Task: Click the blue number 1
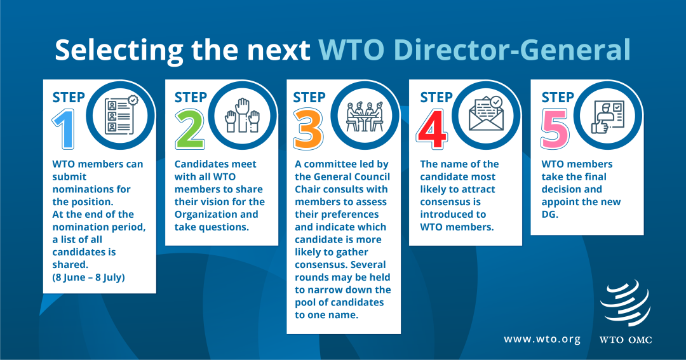[x=64, y=130]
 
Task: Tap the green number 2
[x=190, y=130]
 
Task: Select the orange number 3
[x=309, y=130]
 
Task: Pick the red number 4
[x=432, y=130]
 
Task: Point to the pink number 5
[x=555, y=130]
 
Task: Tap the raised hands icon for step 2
[x=243, y=116]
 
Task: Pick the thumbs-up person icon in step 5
[x=608, y=117]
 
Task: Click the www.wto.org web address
[x=542, y=340]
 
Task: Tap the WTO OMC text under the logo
[x=626, y=340]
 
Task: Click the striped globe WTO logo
[x=625, y=303]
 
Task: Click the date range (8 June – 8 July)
[x=88, y=277]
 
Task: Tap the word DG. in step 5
[x=550, y=215]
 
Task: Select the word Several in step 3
[x=368, y=265]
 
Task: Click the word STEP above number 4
[x=436, y=97]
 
